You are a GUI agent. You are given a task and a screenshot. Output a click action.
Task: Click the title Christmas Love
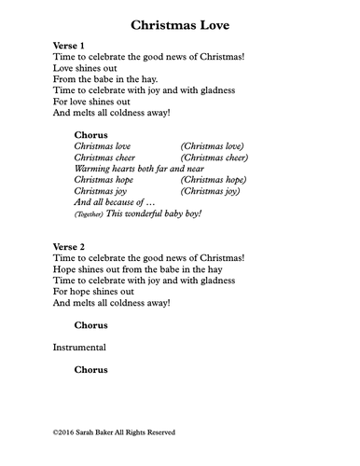(x=180, y=23)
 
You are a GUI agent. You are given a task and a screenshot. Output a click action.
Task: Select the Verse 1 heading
(x=69, y=45)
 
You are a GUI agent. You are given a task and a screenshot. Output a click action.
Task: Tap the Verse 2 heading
(x=69, y=247)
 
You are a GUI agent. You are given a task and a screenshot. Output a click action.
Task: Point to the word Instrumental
(x=79, y=348)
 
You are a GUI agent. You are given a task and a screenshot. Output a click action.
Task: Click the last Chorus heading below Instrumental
(x=90, y=370)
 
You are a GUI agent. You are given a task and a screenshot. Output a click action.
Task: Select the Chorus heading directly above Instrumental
(x=90, y=325)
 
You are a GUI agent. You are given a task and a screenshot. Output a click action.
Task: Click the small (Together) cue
(x=89, y=214)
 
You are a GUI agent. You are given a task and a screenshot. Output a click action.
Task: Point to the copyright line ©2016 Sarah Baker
(x=114, y=432)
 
